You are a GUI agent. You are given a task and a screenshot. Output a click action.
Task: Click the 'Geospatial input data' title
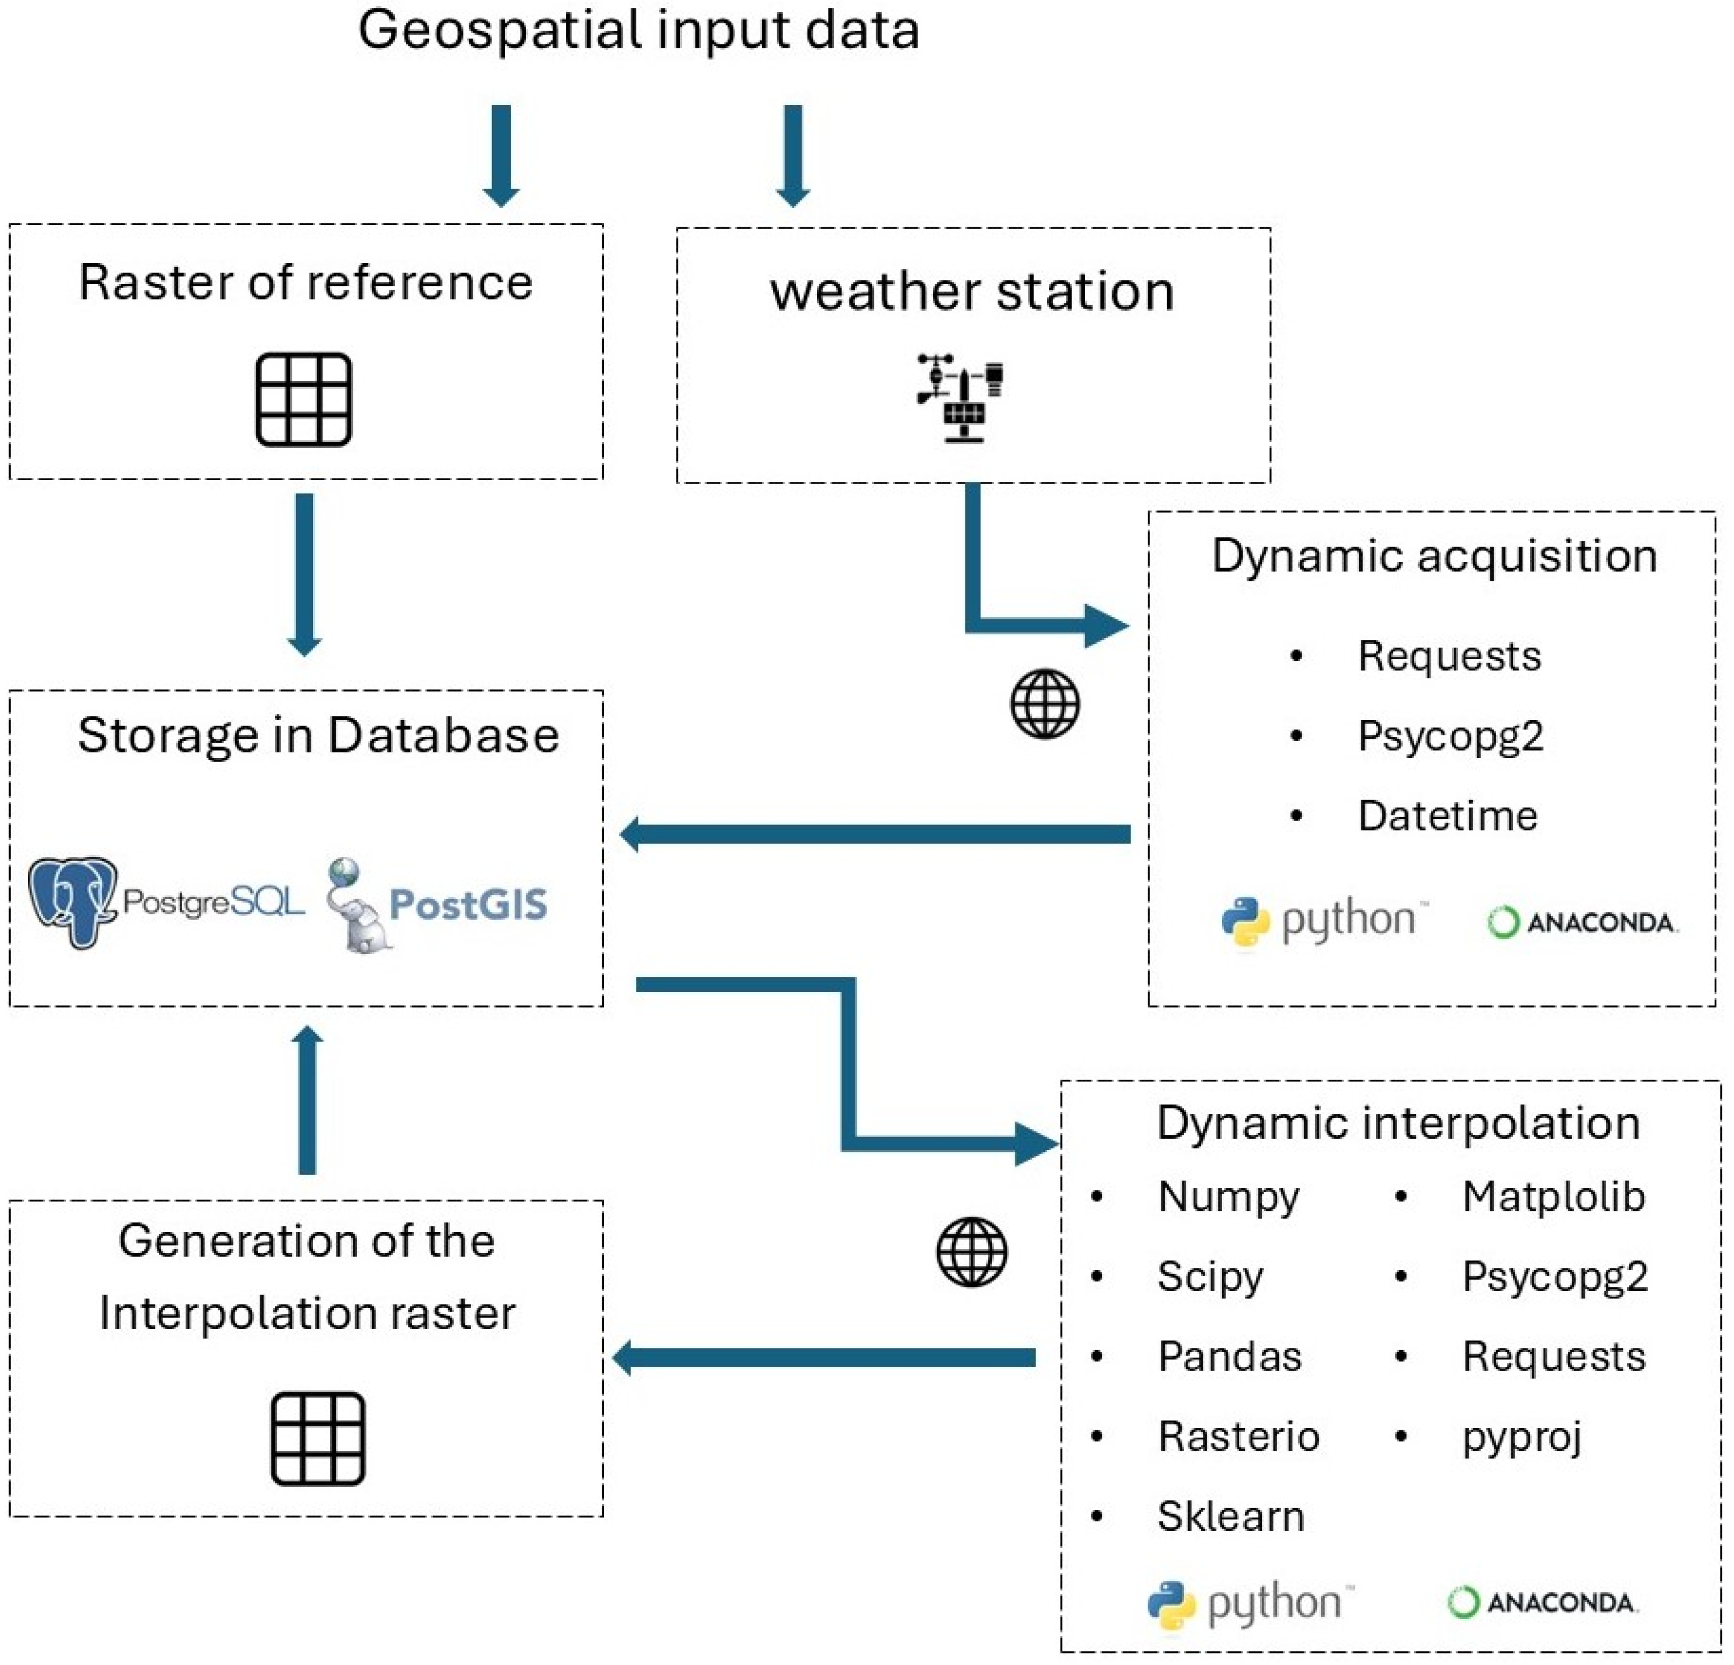(x=638, y=30)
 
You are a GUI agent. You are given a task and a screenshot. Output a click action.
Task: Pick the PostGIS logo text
(x=468, y=904)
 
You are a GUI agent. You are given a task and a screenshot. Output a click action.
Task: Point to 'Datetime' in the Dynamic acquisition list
(x=1447, y=815)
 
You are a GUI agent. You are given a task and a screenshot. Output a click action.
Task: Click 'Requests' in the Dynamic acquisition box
(x=1449, y=656)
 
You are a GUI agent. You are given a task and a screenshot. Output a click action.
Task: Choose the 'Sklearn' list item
(x=1231, y=1516)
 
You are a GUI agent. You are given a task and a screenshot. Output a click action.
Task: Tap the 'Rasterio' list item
(x=1239, y=1437)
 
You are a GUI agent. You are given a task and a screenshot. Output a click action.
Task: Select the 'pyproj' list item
(x=1522, y=1437)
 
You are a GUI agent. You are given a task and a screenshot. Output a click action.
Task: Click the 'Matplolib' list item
(x=1553, y=1197)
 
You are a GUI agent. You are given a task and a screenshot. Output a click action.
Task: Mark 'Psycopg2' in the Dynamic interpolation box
(x=1554, y=1277)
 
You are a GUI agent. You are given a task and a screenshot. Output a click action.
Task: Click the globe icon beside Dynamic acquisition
(x=1045, y=704)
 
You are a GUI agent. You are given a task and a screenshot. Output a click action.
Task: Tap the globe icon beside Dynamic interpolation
(x=972, y=1252)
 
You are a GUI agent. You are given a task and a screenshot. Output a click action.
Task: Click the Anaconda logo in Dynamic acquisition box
(x=1583, y=923)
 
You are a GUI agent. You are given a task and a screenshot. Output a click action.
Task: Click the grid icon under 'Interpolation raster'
(x=318, y=1438)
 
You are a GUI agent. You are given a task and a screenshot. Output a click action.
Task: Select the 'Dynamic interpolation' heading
(x=1398, y=1123)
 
